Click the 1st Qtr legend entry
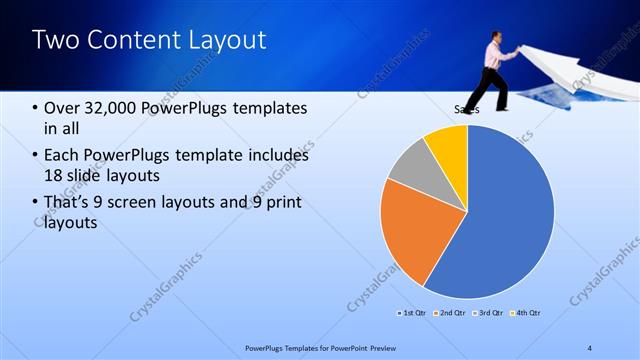tap(413, 313)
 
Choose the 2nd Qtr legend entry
tap(450, 313)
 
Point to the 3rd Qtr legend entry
tap(488, 313)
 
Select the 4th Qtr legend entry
tap(526, 313)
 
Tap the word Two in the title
tap(52, 40)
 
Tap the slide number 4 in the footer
tap(590, 347)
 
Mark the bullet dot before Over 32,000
tap(35, 108)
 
